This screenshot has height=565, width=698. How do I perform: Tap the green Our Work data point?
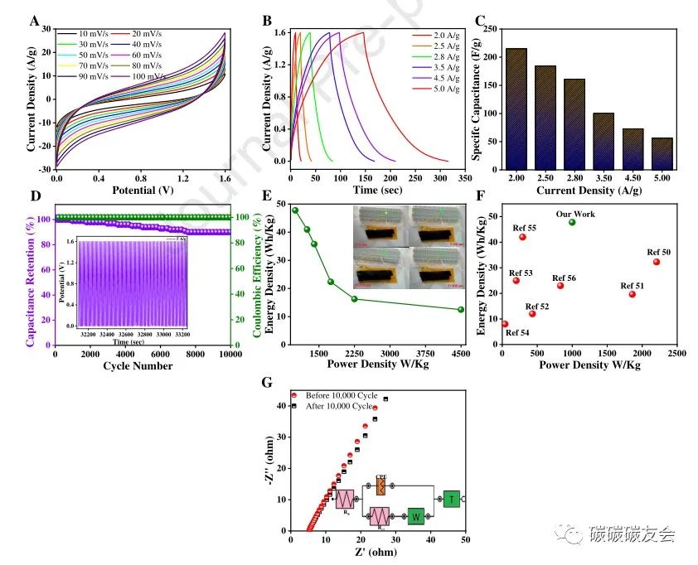click(572, 222)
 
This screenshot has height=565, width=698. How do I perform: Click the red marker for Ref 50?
click(657, 262)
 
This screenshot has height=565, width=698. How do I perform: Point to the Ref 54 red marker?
click(505, 324)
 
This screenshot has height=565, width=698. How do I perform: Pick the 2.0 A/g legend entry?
click(432, 36)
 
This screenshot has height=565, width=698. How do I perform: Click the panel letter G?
click(266, 383)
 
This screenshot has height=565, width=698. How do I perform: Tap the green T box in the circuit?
click(451, 499)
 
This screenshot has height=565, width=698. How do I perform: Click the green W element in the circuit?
click(415, 515)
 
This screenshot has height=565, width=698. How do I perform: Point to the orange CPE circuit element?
click(381, 486)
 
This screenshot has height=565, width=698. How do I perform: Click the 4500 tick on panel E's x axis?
click(461, 353)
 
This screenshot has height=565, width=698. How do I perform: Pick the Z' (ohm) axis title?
click(377, 552)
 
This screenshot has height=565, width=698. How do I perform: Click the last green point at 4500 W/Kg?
click(461, 310)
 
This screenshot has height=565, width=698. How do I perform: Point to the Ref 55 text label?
click(524, 227)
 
